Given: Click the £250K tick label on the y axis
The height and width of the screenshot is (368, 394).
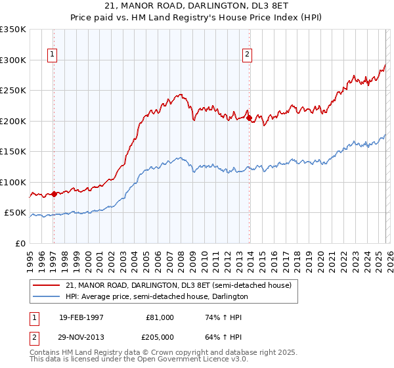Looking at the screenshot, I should (13, 91).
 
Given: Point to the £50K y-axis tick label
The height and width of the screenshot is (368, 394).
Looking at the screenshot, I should (15, 213).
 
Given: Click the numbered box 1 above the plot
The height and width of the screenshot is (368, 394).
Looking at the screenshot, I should (52, 55).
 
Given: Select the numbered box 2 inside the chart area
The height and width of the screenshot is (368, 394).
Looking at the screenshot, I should (248, 55).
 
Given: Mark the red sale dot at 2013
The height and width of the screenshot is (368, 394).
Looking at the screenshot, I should (250, 118).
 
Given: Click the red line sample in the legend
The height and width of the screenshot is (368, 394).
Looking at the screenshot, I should (46, 285).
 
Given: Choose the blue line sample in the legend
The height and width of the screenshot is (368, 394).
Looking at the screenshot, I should (46, 296).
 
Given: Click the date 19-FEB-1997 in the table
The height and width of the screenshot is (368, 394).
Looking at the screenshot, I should (81, 317).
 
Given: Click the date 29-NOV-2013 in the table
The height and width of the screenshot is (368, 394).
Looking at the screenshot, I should (81, 336).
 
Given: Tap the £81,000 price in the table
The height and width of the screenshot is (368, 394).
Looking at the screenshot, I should (160, 317).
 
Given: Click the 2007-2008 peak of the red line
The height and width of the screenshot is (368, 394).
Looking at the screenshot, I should (179, 95).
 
